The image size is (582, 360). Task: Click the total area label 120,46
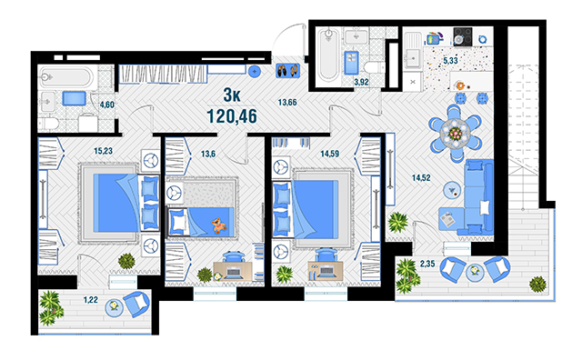pos(232,116)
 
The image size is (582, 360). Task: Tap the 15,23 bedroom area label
pos(103,151)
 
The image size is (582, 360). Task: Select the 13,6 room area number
pos(208,154)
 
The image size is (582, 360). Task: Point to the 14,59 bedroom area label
pos(329,154)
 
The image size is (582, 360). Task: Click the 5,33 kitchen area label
pos(450,60)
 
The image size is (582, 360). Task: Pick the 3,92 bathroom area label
pos(361,82)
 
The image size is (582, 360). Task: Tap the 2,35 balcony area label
pos(427,264)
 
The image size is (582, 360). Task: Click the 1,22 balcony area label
pos(91,299)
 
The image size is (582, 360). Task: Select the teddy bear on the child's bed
pos(218,225)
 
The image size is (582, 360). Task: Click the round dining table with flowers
pos(455,133)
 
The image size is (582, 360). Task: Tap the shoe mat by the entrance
pos(287,70)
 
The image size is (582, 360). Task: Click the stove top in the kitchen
pos(463,36)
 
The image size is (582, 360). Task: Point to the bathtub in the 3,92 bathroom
pos(328,55)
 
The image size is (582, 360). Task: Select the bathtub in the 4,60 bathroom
pos(65,77)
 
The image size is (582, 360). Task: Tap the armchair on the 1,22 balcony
pos(136,304)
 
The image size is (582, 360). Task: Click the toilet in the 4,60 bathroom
pos(48,124)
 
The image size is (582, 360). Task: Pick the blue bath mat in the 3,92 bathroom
pos(351,63)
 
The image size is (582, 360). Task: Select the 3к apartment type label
pos(232,95)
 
